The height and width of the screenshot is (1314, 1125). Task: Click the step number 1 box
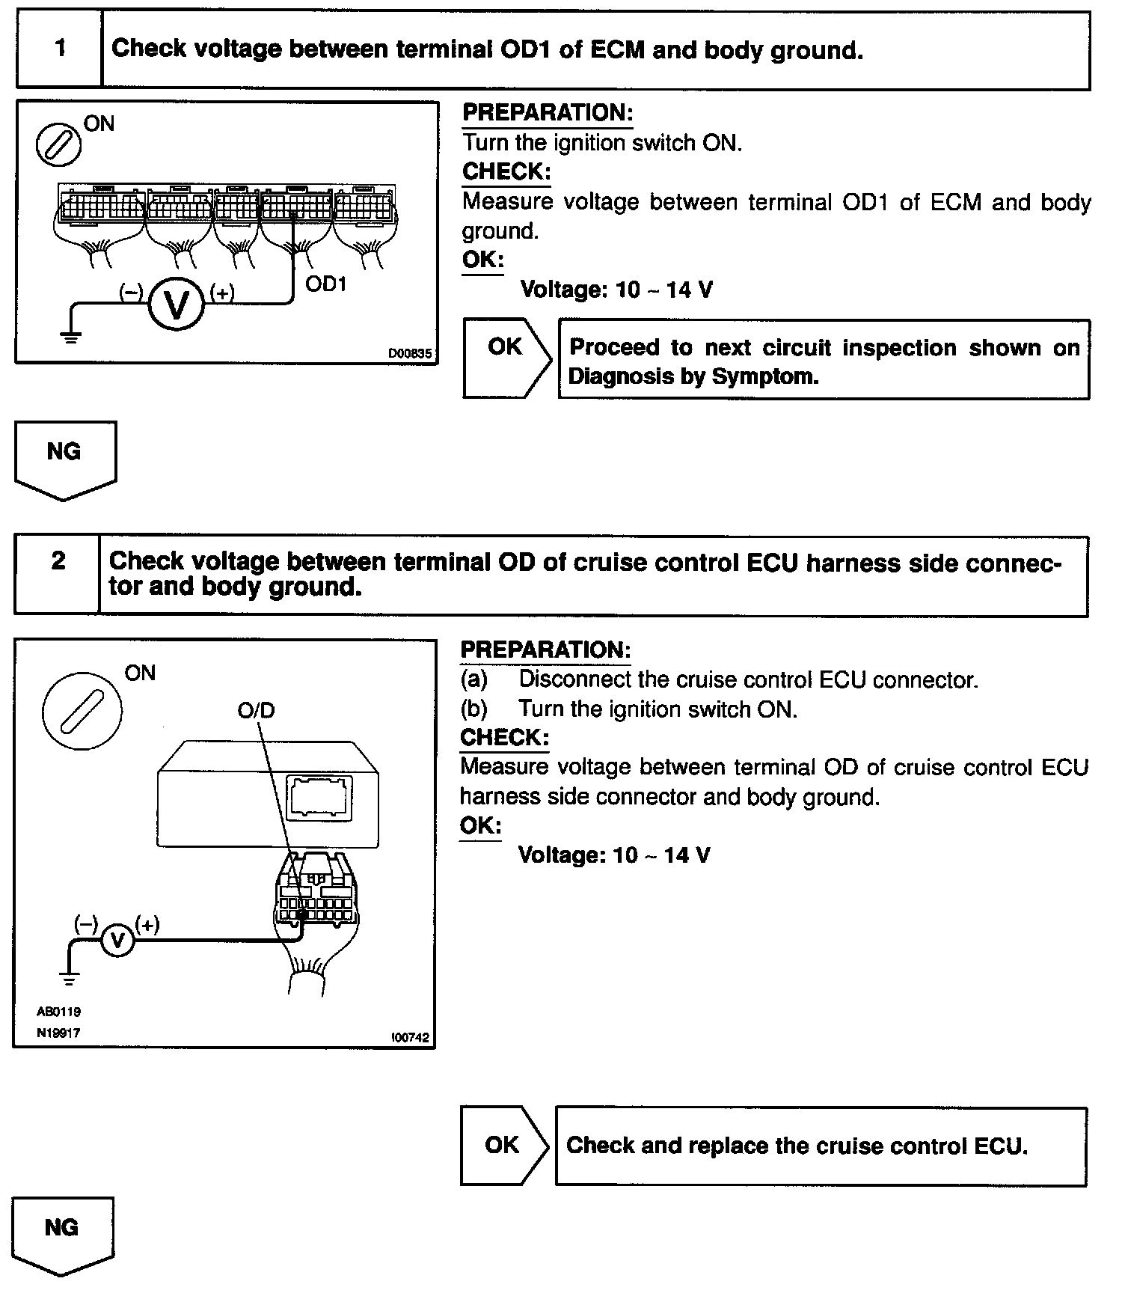coord(59,49)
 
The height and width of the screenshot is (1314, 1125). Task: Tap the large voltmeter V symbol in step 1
coord(176,304)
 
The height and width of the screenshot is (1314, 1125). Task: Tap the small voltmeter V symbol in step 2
coord(117,941)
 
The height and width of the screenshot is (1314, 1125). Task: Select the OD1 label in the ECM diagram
coord(326,284)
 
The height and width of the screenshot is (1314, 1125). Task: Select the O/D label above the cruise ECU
coord(257,709)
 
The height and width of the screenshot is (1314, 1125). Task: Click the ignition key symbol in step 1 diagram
coord(58,143)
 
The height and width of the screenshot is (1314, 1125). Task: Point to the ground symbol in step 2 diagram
coord(69,977)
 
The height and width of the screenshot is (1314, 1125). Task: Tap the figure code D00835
coord(410,353)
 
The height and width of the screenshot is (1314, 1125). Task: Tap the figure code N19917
coord(58,1033)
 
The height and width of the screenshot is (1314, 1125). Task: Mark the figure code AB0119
coord(58,1012)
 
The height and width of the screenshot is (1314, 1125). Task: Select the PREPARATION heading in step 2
coord(545,650)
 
